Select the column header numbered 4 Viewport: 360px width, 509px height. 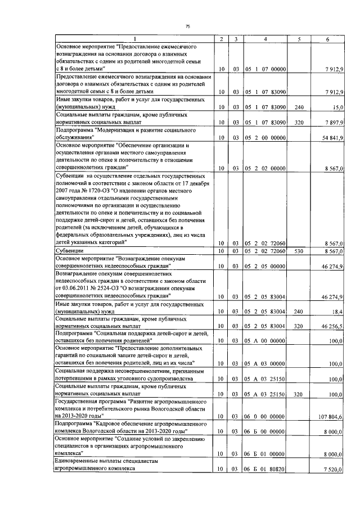[x=265, y=39]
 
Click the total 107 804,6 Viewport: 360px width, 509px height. [x=331, y=416]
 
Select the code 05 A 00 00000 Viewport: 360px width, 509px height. [x=265, y=341]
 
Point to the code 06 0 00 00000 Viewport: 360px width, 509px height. [x=265, y=416]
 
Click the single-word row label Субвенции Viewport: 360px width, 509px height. [x=69, y=250]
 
